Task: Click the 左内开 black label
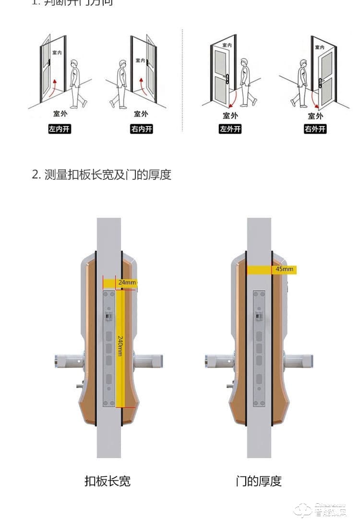tap(60, 129)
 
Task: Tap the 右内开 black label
tap(141, 129)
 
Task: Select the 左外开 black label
tap(230, 129)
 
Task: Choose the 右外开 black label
tap(315, 129)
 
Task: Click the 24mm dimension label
tap(127, 283)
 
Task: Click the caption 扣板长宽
tap(107, 481)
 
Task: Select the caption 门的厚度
tap(259, 481)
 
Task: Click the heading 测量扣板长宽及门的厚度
tap(101, 175)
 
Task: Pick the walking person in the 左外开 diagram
tap(247, 83)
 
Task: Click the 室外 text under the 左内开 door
tap(60, 114)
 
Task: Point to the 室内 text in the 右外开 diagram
tap(319, 47)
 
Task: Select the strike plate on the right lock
tap(259, 348)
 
